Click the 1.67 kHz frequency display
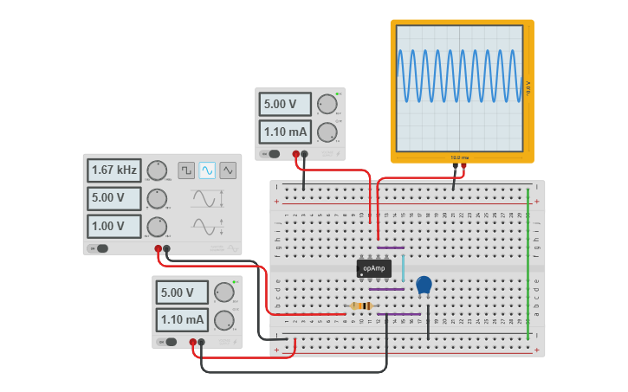tap(113, 170)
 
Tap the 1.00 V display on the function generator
tap(113, 227)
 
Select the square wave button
tap(186, 170)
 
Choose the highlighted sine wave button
tap(207, 170)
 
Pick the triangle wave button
tap(228, 170)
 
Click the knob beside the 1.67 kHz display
tap(157, 170)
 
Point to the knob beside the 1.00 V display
tap(157, 227)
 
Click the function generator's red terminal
tap(159, 249)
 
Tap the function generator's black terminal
tap(167, 249)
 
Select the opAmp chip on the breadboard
tap(373, 269)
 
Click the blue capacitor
tap(424, 285)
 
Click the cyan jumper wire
tap(403, 267)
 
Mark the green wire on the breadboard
tap(528, 264)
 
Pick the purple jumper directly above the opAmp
tap(391, 247)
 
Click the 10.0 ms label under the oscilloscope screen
tap(459, 157)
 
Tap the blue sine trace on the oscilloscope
tap(459, 75)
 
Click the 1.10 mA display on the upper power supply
tap(285, 132)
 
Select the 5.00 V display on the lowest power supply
tap(182, 292)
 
